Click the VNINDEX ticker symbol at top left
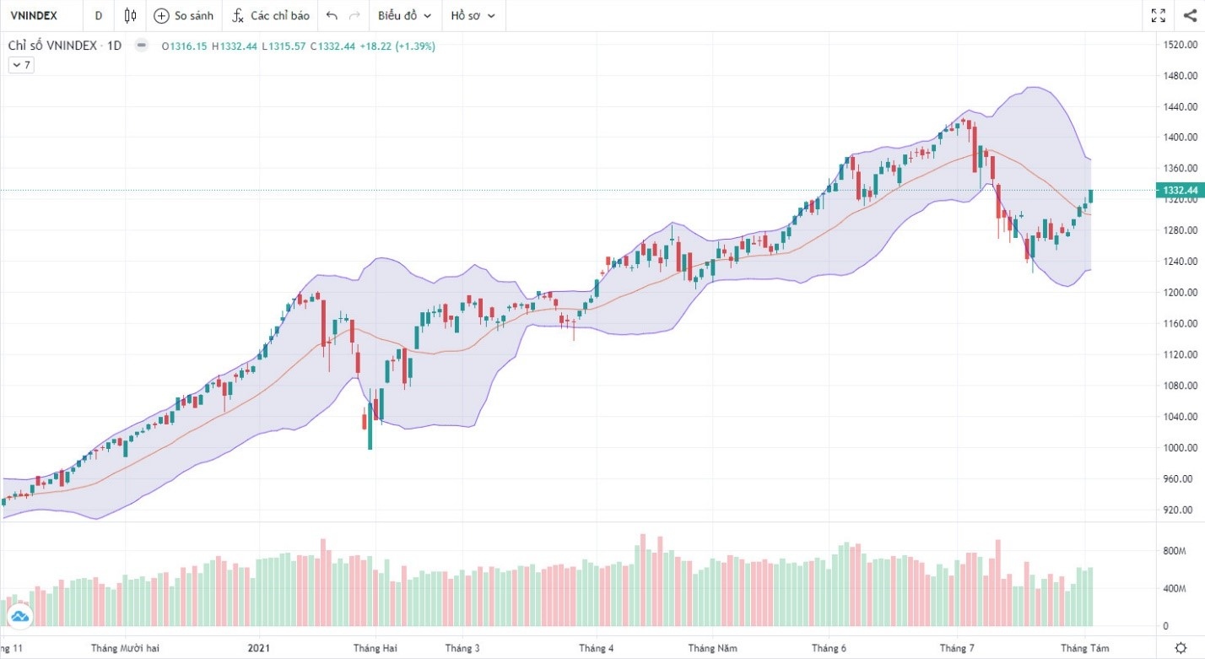tap(33, 15)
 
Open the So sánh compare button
tap(183, 15)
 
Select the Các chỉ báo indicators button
tap(271, 15)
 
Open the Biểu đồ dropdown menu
tap(404, 15)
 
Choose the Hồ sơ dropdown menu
tap(473, 15)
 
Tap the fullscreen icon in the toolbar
tap(1158, 15)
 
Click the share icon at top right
tap(1190, 15)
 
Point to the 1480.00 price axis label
tap(1181, 75)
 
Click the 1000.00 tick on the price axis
tap(1181, 448)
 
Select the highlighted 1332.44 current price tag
tap(1180, 191)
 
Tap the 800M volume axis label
tap(1175, 551)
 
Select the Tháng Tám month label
tap(1085, 648)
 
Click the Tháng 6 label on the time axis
tap(829, 648)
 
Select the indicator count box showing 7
tap(21, 65)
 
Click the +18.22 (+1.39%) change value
tap(397, 46)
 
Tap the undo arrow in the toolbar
tap(332, 15)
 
